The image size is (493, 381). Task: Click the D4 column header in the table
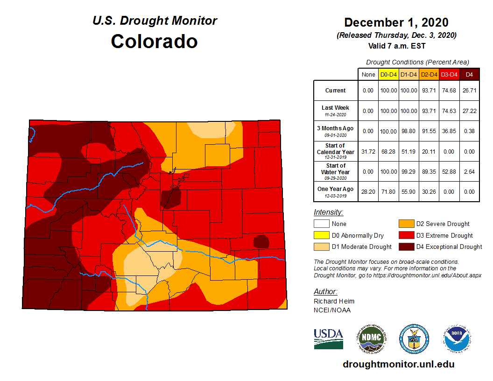pyautogui.click(x=469, y=74)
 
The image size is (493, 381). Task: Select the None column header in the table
pyautogui.click(x=368, y=74)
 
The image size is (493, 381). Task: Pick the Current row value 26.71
pyautogui.click(x=469, y=91)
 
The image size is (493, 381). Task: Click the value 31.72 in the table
pyautogui.click(x=368, y=151)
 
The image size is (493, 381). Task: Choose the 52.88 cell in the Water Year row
pyautogui.click(x=449, y=171)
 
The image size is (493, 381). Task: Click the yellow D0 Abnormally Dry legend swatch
pyautogui.click(x=321, y=235)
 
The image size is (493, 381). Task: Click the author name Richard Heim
pyautogui.click(x=334, y=301)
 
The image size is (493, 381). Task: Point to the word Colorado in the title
pyautogui.click(x=154, y=42)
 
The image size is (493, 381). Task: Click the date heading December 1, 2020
pyautogui.click(x=396, y=22)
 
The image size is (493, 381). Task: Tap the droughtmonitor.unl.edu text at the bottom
pyautogui.click(x=398, y=364)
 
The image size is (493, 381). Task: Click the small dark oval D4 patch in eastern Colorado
pyautogui.click(x=261, y=242)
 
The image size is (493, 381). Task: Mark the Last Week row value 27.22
pyautogui.click(x=469, y=111)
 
